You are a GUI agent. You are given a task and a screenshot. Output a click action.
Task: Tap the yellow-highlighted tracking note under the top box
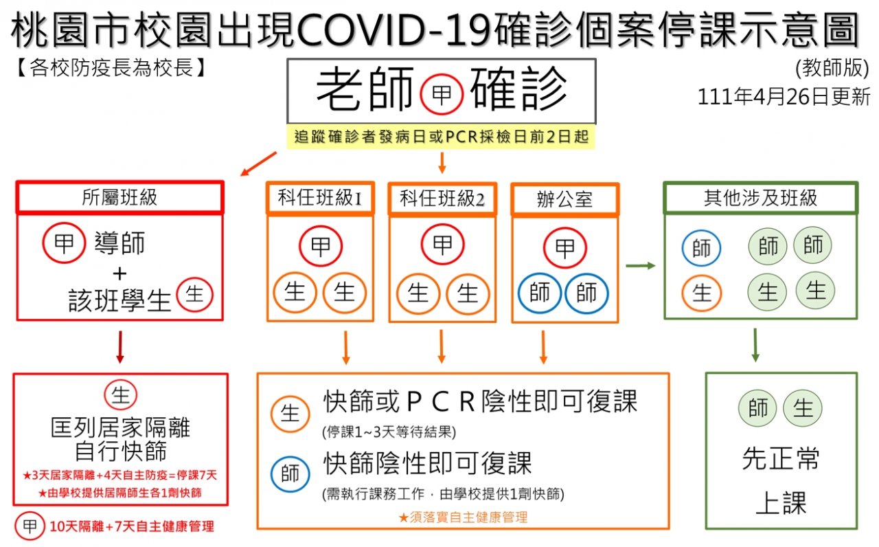coord(441,137)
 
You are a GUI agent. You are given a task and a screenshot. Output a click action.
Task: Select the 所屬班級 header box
coord(120,197)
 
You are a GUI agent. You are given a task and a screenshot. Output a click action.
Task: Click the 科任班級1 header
coord(320,198)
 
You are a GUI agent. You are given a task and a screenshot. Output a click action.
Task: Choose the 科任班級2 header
coord(442,199)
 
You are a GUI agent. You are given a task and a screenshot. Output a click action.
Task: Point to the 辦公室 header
coord(565,199)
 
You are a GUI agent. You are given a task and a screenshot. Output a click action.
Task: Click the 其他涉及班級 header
coord(760,197)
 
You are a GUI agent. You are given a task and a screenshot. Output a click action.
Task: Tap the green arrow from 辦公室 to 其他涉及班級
coord(641,266)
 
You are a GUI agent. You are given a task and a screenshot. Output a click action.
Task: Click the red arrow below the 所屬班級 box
coord(120,347)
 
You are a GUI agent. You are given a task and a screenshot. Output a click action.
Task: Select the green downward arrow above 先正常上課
coord(755,345)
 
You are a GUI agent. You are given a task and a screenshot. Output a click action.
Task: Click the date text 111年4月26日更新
coord(784,97)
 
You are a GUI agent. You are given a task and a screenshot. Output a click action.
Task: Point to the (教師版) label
coord(832,68)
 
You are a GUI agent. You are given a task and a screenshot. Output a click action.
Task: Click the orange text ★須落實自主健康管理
coord(463,517)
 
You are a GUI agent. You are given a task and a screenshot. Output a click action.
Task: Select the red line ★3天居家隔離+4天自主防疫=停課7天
coord(119,476)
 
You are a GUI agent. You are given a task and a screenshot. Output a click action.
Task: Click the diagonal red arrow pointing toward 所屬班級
coord(259,164)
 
